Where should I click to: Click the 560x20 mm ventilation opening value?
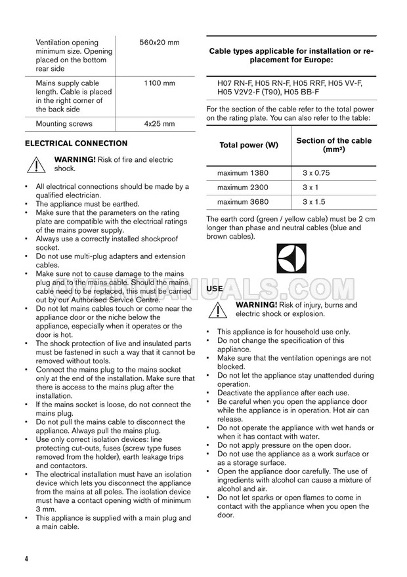160,43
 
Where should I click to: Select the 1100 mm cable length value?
160,83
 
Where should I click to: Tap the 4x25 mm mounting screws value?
160,123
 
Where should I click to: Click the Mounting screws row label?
64,123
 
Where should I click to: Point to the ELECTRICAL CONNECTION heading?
76,144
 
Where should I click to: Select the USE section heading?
215,288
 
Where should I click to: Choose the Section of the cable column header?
334,145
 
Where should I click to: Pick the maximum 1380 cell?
242,173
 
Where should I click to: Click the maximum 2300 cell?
242,188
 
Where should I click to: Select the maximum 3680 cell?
242,202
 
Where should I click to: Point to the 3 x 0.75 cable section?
316,173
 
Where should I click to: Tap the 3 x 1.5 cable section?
314,202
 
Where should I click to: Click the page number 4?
27,559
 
